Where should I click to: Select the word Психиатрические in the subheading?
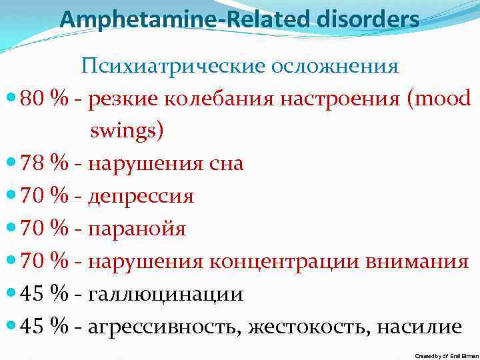tap(172, 66)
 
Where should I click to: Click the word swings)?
tap(127, 131)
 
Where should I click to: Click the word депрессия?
tap(141, 196)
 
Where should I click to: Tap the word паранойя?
tap(137, 229)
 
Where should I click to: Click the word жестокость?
tap(311, 327)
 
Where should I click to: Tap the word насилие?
tap(419, 327)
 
